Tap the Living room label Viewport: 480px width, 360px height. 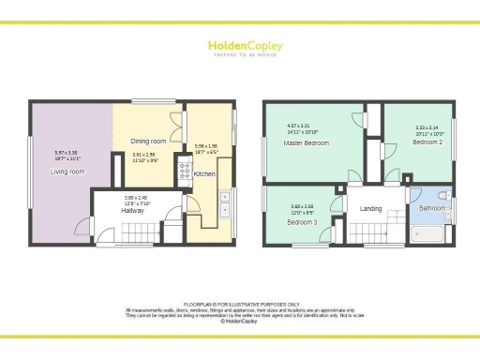(x=67, y=172)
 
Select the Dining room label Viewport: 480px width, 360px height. (x=147, y=142)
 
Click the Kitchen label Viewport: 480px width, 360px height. (x=204, y=174)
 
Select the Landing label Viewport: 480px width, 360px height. (x=372, y=209)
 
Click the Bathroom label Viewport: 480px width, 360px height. (x=431, y=208)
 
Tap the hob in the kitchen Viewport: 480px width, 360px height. (x=185, y=171)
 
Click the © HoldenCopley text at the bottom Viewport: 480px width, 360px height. (x=240, y=321)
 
